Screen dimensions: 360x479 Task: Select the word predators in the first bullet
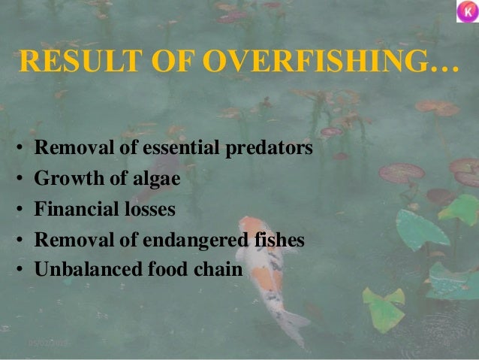click(270, 149)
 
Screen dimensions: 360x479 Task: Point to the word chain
click(218, 269)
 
